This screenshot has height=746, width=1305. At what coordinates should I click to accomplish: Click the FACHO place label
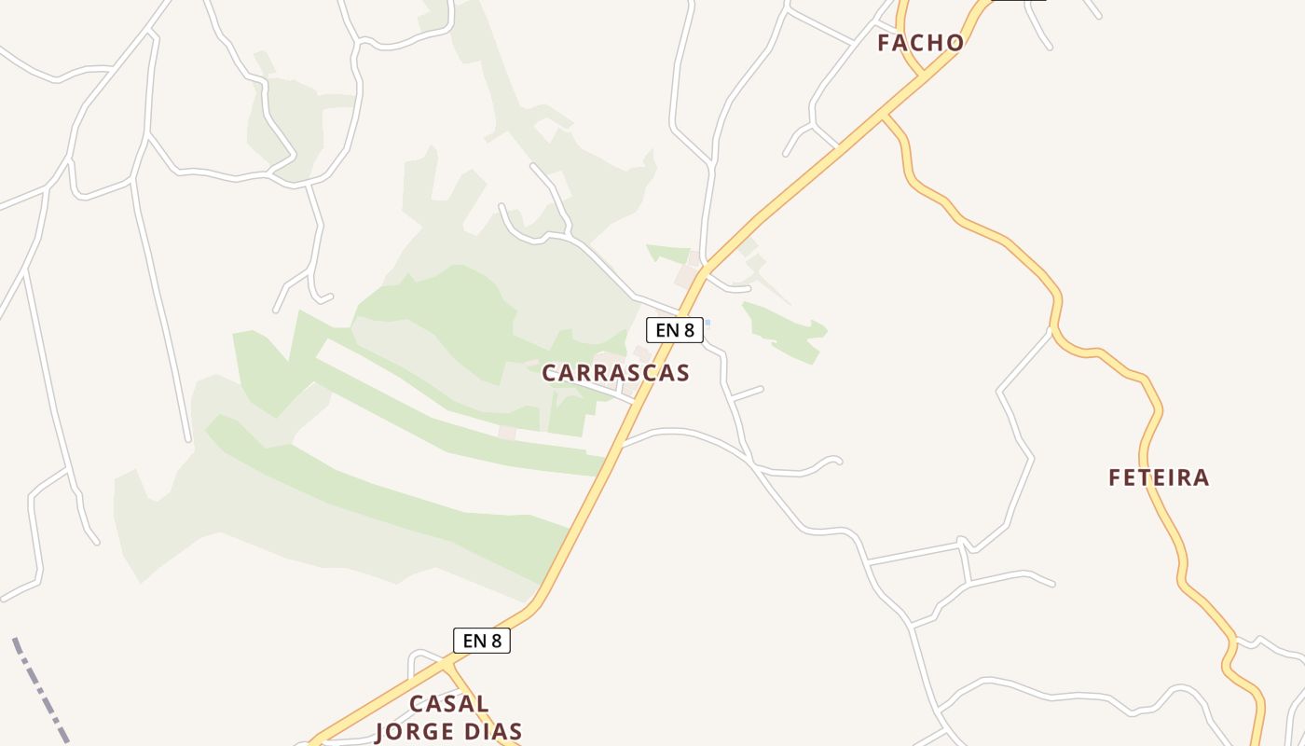pyautogui.click(x=920, y=43)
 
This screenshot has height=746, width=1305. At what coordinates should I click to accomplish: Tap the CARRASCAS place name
pyautogui.click(x=615, y=373)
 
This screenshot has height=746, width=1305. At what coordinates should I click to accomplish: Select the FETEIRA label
pyautogui.click(x=1159, y=477)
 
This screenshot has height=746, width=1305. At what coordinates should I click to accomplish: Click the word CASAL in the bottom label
pyautogui.click(x=449, y=703)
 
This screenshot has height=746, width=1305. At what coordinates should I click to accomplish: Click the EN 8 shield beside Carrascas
pyautogui.click(x=674, y=329)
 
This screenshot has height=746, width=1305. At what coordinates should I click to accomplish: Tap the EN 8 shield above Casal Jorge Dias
pyautogui.click(x=481, y=641)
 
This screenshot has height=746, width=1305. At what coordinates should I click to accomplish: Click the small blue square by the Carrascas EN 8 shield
pyautogui.click(x=707, y=323)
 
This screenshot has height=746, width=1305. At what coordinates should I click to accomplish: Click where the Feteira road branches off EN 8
pyautogui.click(x=885, y=117)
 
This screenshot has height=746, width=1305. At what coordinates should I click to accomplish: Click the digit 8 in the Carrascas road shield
pyautogui.click(x=688, y=329)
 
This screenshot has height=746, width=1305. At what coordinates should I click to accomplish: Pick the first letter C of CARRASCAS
pyautogui.click(x=550, y=373)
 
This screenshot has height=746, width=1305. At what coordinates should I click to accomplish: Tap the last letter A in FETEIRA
pyautogui.click(x=1201, y=477)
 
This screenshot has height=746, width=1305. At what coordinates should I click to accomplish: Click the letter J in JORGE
pyautogui.click(x=381, y=732)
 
